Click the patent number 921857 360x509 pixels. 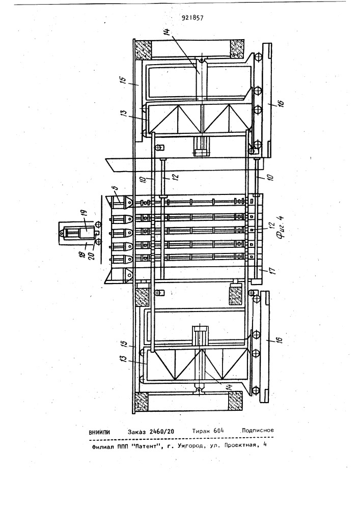193,18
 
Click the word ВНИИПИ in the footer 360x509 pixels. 99,432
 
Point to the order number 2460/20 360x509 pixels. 161,432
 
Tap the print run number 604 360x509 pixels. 219,431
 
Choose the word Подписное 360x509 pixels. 258,431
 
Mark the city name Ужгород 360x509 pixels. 191,446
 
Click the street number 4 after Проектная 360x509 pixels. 265,445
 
